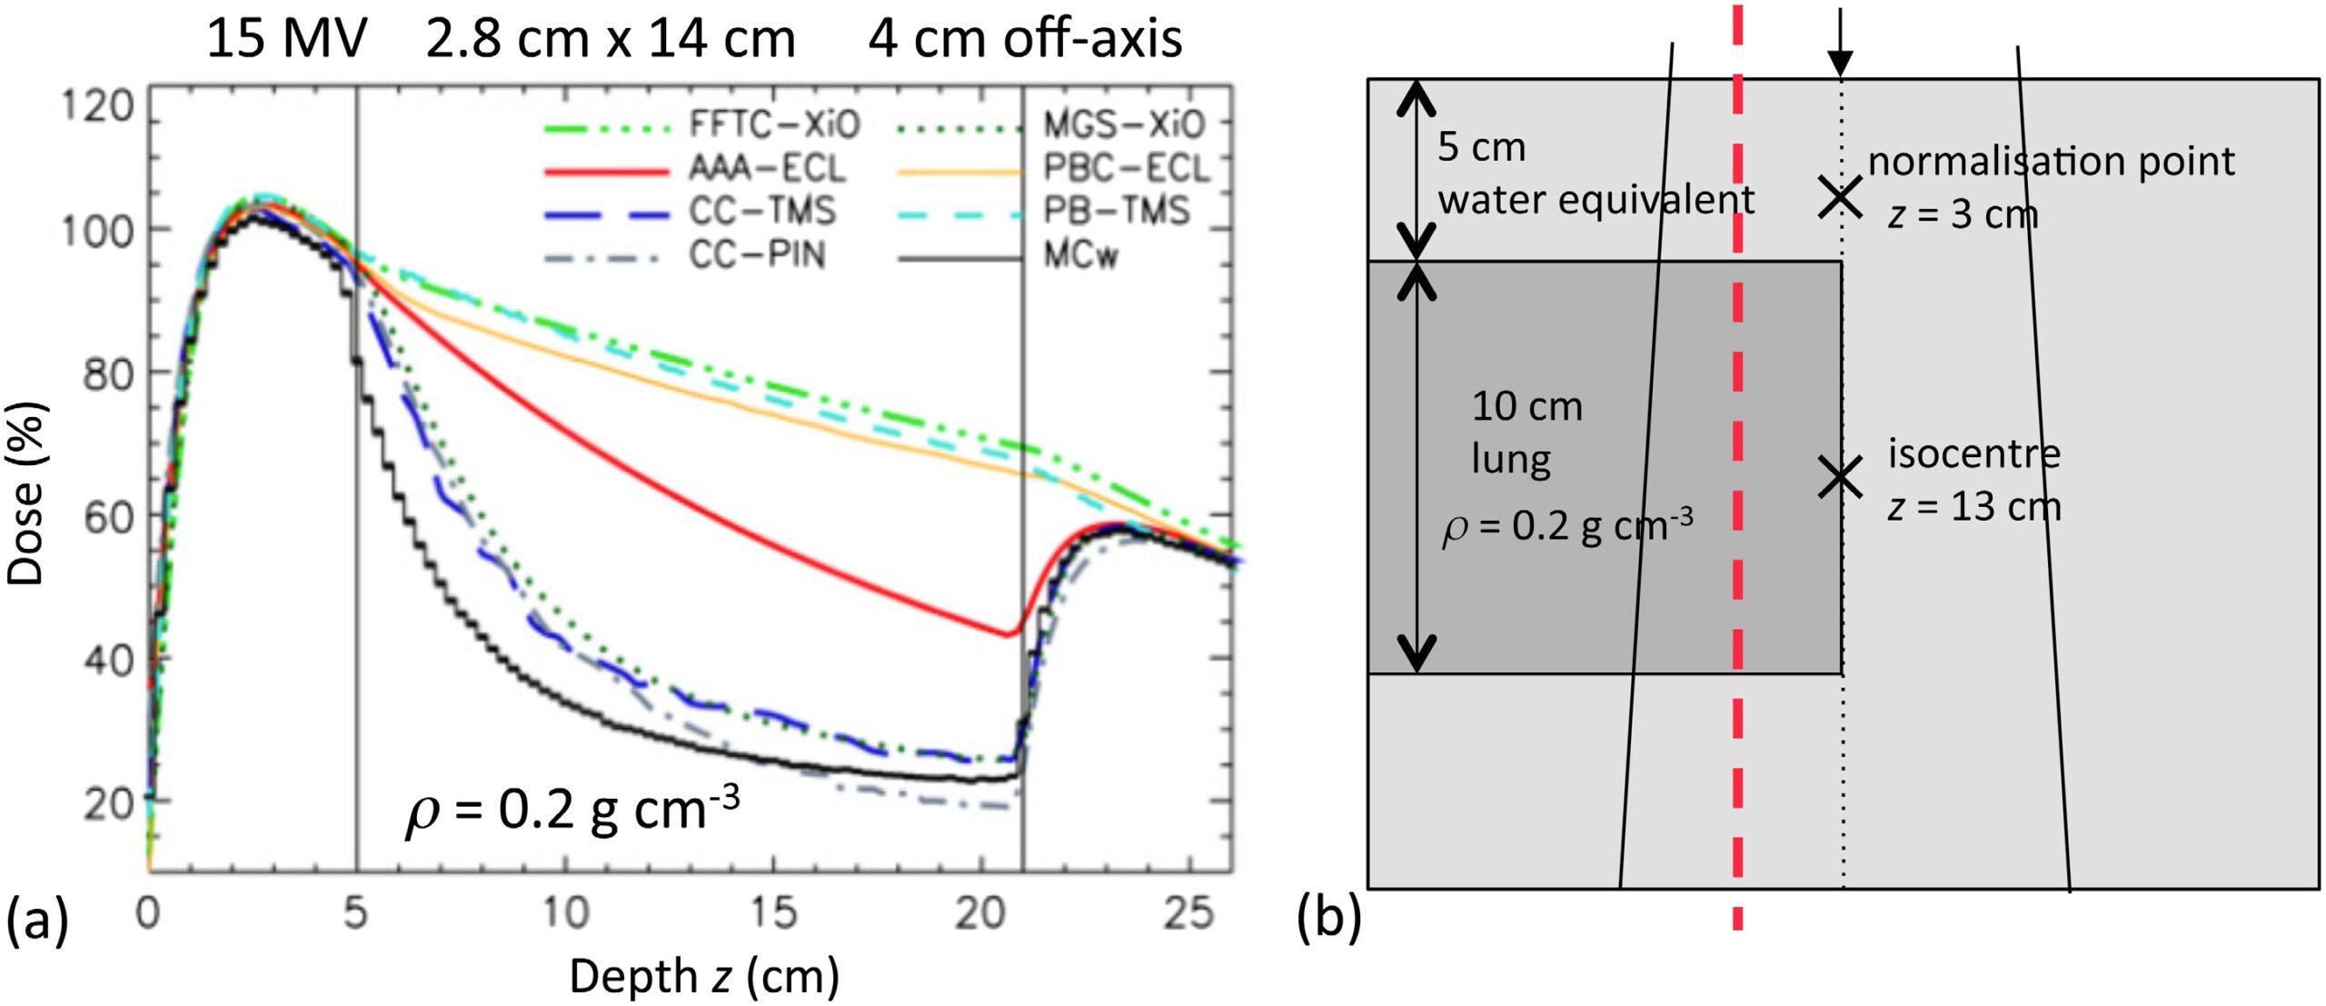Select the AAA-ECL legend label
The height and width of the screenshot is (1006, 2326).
pos(767,168)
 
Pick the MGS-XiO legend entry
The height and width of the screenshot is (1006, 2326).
pos(1123,125)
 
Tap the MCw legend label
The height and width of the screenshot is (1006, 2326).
pos(1079,256)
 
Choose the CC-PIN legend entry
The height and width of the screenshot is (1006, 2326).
pos(757,256)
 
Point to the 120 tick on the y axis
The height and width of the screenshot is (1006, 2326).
pos(98,107)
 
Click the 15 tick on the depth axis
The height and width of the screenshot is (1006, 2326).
pos(773,912)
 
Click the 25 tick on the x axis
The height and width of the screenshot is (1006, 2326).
pos(1188,912)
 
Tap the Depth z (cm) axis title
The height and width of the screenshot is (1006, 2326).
pos(704,977)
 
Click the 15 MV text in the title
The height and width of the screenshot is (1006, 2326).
pos(286,40)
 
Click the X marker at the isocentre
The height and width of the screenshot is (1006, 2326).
pos(1841,477)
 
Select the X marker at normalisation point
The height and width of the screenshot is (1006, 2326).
pos(1841,197)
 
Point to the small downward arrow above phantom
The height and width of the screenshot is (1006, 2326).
pos(1840,45)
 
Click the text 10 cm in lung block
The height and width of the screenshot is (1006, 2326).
pos(1526,407)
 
